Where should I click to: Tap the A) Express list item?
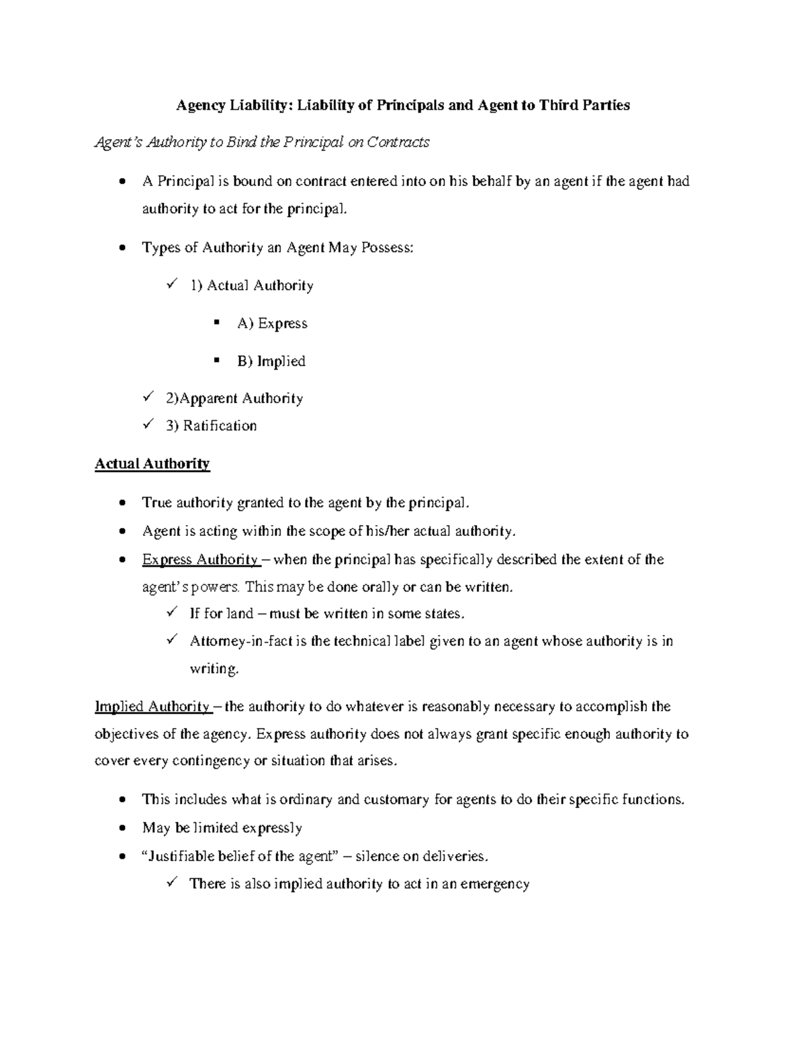click(271, 324)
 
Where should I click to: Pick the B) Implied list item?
click(271, 361)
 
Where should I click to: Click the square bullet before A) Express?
click(216, 323)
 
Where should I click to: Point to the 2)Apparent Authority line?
click(234, 399)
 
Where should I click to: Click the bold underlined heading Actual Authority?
click(152, 464)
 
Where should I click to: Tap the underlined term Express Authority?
click(200, 560)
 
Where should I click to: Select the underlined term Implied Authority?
click(152, 707)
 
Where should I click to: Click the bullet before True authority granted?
click(121, 504)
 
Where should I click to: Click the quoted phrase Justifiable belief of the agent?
click(239, 856)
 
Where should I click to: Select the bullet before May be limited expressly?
click(121, 829)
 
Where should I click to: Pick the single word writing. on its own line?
click(214, 670)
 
